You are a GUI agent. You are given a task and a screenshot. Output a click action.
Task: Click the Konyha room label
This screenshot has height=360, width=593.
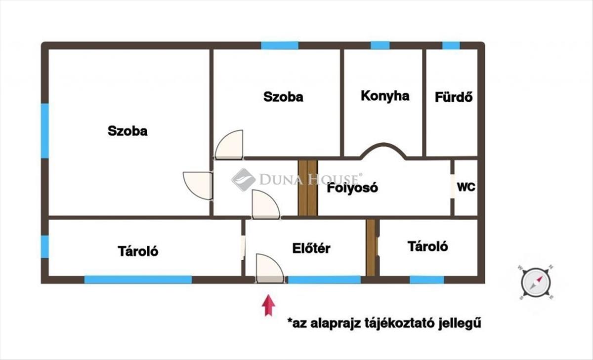385,96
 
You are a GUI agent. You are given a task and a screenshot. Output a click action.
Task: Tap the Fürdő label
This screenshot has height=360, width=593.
454,97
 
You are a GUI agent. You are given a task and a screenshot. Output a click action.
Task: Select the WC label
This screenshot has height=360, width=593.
466,188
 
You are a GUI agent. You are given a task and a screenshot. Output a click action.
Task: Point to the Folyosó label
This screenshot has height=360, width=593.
353,188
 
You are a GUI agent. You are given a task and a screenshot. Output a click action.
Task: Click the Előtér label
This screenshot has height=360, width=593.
311,248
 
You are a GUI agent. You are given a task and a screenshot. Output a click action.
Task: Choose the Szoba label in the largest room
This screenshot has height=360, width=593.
127,131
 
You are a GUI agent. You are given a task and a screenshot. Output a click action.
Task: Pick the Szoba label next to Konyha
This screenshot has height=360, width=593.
283,97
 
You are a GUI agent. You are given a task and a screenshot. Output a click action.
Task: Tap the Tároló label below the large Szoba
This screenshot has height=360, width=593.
138,251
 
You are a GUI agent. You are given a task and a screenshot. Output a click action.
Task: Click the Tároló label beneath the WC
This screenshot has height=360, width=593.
428,246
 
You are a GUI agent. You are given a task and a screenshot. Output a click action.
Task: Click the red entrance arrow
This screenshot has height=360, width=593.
268,305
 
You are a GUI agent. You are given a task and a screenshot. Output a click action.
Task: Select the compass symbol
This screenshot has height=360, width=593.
536,283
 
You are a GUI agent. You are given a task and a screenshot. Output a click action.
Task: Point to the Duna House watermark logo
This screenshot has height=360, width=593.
244,179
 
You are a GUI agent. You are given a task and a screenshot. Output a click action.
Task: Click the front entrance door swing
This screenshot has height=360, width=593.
270,269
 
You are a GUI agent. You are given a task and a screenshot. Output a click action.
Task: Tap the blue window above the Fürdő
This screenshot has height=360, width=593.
451,45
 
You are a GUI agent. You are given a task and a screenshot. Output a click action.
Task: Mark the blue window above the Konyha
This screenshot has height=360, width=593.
380,45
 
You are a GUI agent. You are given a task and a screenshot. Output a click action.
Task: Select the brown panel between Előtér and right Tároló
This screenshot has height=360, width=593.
371,248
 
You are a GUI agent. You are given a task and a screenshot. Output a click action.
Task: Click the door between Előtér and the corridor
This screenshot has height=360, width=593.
265,204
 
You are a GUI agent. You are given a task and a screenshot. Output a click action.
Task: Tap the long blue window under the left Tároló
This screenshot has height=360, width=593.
138,280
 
